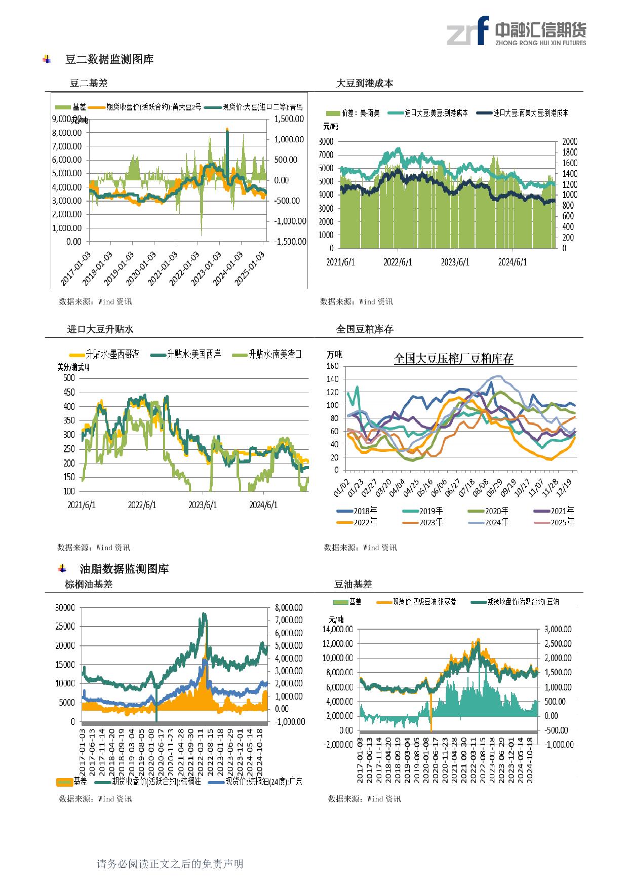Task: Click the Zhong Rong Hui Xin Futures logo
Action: tap(516, 31)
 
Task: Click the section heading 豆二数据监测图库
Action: tap(109, 60)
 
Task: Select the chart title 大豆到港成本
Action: tap(365, 84)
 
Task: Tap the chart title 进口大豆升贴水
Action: tap(100, 329)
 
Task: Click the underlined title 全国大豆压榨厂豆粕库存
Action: tap(453, 359)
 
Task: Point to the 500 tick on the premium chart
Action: tap(69, 378)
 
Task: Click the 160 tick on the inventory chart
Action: tap(333, 366)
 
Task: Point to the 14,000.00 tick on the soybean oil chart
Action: tap(338, 629)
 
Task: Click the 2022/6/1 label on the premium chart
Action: tap(142, 505)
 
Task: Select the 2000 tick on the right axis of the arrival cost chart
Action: tap(569, 142)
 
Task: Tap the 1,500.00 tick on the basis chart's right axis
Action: tap(289, 119)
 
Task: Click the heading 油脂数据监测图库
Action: tap(125, 569)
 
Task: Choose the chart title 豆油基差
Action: tap(353, 585)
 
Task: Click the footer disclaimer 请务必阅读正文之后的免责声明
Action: tap(170, 864)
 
